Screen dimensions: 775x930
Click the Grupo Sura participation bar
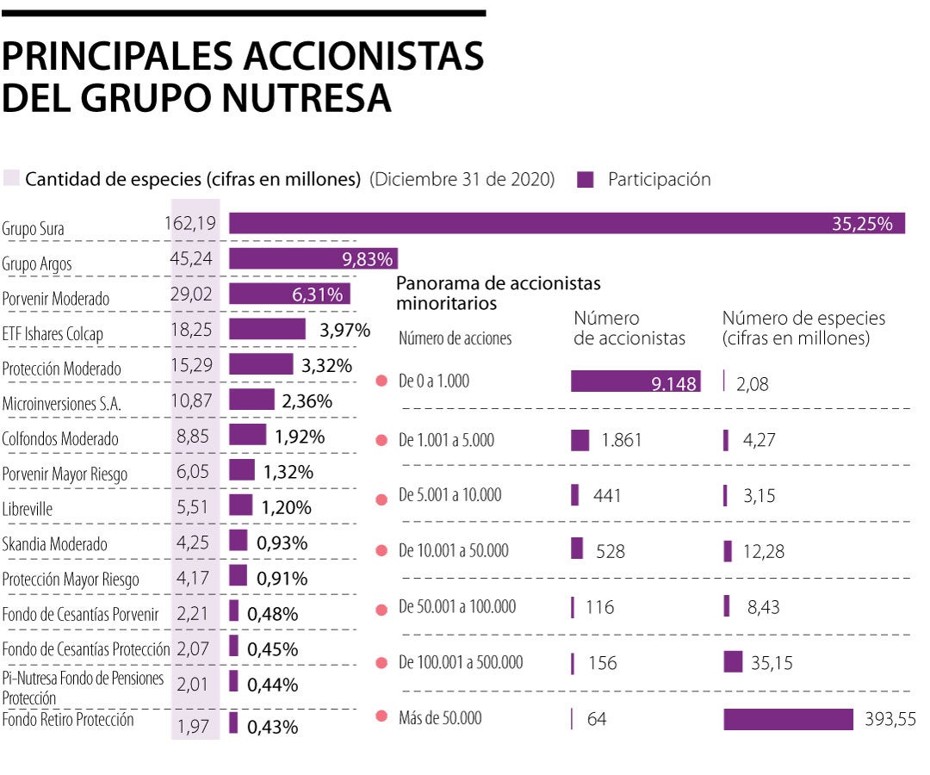coord(567,224)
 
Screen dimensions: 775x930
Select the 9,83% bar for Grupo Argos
coord(313,259)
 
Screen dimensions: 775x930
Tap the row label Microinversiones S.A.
coord(62,403)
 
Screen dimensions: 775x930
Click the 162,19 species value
coord(190,224)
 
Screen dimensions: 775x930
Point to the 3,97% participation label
coord(344,330)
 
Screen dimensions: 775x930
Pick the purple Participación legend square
coord(586,180)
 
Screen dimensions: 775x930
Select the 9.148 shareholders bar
coord(635,381)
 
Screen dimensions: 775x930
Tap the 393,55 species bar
coord(788,719)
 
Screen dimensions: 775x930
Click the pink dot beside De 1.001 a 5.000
coord(382,441)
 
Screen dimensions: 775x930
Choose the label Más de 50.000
coord(440,717)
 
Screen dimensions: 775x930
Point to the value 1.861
coord(622,441)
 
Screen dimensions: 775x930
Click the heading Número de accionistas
coord(629,328)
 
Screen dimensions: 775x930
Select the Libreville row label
coord(28,509)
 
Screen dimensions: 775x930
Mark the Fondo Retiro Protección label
coord(68,720)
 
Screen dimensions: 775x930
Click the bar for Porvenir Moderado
coord(289,294)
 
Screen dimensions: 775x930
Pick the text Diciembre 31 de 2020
coord(462,180)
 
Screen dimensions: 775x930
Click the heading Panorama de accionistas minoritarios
coord(498,293)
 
